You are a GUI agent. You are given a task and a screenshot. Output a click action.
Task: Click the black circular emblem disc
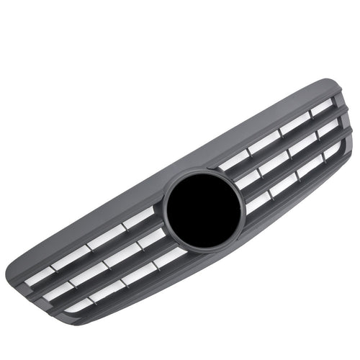[203, 209]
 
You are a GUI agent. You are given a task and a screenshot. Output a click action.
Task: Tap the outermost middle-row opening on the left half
[59, 291]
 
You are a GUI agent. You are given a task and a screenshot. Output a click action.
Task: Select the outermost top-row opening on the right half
[321, 107]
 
